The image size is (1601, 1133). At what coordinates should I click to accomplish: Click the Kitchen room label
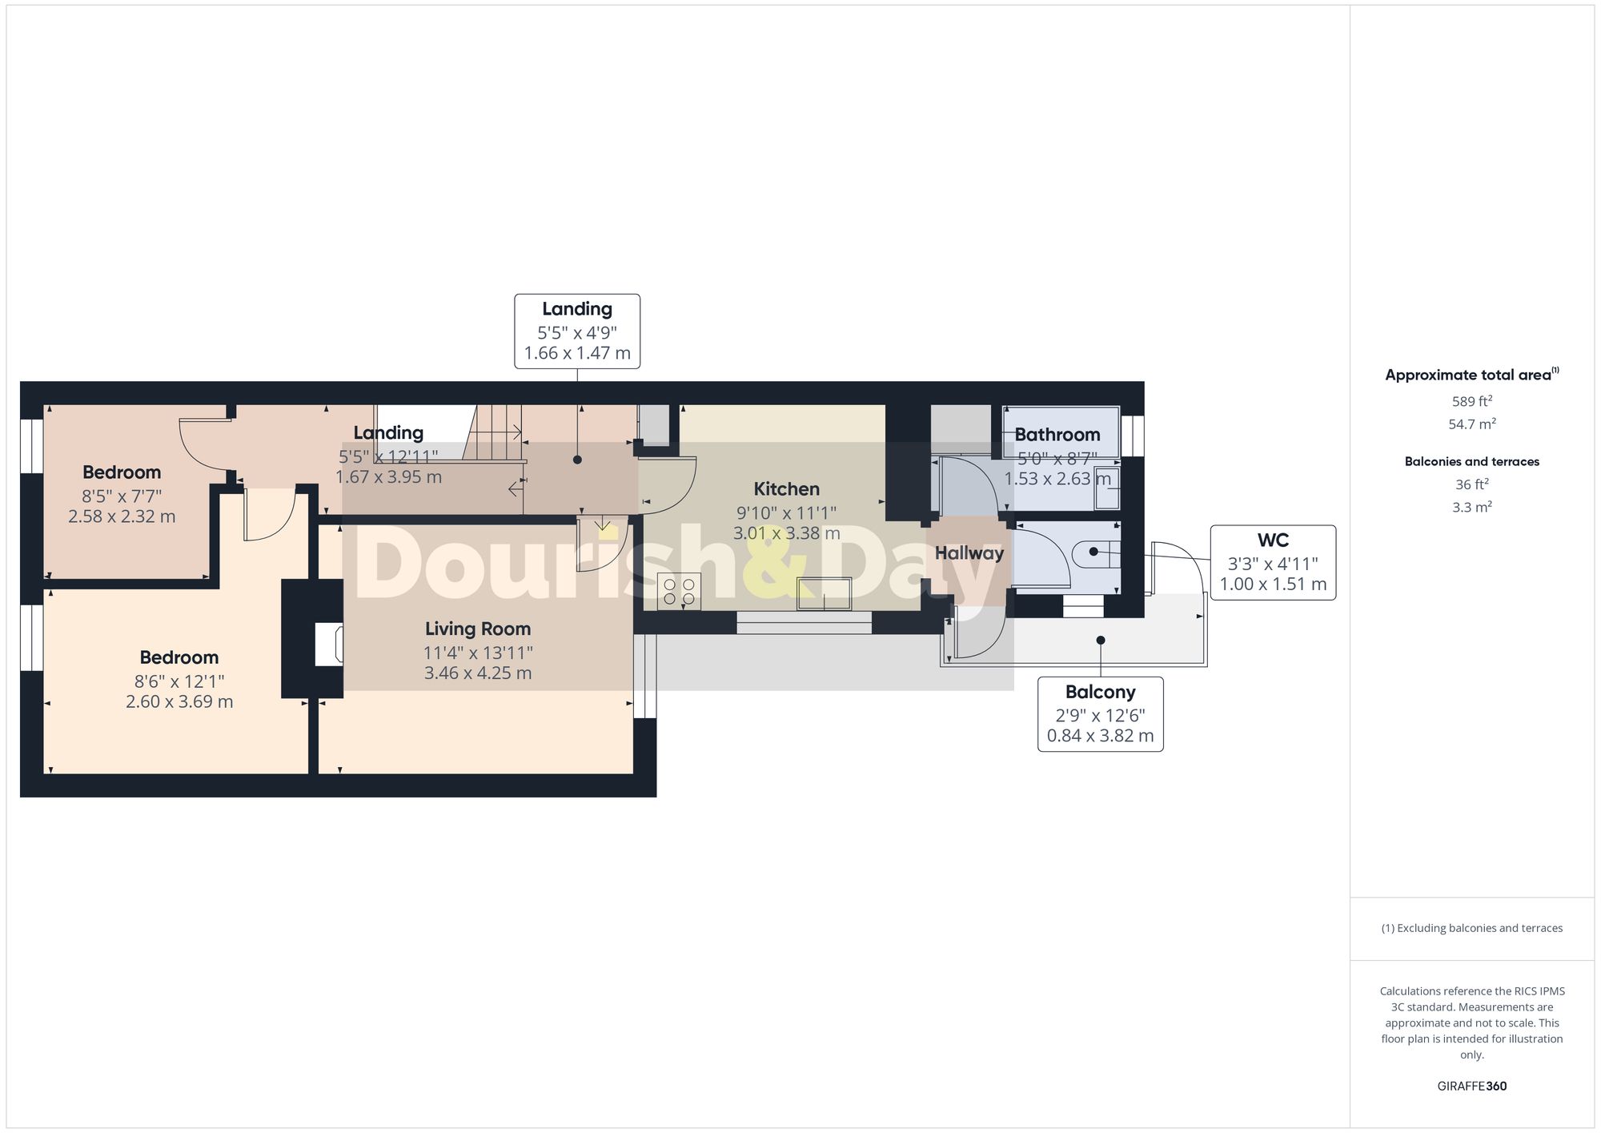click(x=786, y=489)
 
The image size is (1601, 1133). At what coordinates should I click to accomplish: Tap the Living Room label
click(x=477, y=629)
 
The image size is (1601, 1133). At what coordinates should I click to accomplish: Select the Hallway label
click(x=969, y=553)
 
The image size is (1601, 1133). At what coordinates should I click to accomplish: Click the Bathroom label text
click(x=1057, y=435)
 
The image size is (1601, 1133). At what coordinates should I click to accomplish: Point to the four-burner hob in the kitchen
click(x=679, y=591)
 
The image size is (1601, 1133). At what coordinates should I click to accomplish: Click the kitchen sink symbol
click(x=824, y=593)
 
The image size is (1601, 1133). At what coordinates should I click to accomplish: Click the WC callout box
click(x=1272, y=562)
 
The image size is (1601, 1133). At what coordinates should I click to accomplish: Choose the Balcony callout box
click(x=1100, y=713)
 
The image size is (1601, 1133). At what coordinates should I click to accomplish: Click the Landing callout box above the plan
click(x=576, y=331)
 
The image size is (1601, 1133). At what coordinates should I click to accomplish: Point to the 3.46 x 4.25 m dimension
click(x=477, y=673)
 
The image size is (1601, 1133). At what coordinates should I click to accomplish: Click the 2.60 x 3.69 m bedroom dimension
click(x=179, y=702)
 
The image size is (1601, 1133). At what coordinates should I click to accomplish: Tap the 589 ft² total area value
click(x=1471, y=402)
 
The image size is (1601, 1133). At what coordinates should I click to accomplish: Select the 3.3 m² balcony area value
click(x=1471, y=508)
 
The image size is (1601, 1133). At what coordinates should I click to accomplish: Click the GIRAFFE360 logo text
click(x=1471, y=1086)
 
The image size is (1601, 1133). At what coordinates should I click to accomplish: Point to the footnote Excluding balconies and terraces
click(x=1471, y=928)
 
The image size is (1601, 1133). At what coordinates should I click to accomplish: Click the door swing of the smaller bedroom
click(x=202, y=443)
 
